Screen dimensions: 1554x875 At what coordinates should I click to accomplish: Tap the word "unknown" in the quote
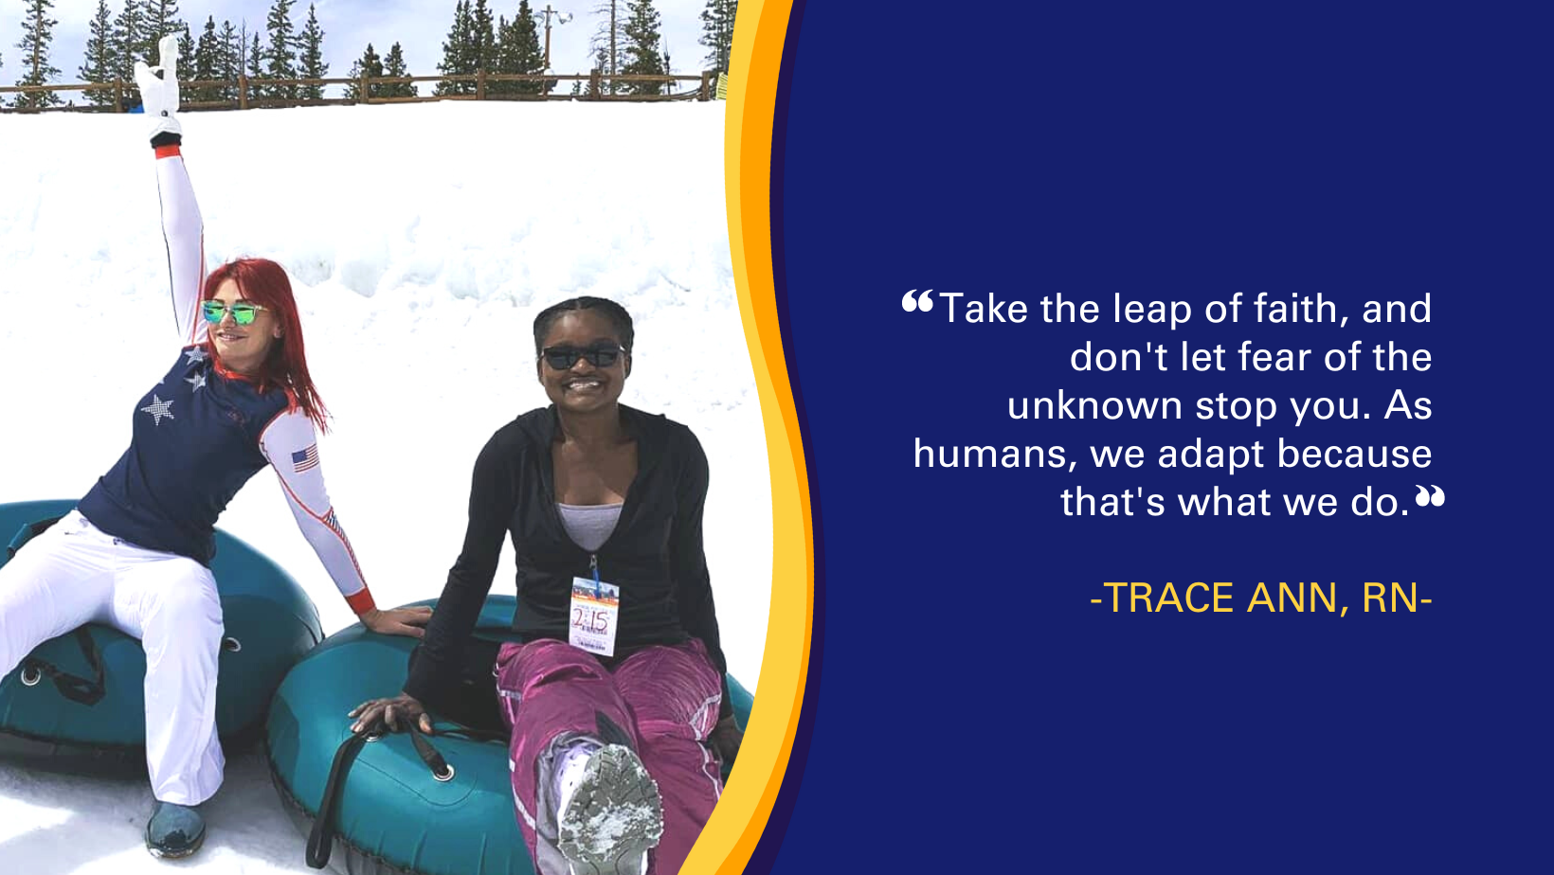pos(1094,405)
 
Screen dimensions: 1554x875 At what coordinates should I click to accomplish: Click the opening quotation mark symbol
pos(917,301)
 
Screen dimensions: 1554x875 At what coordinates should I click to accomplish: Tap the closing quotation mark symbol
pos(1430,496)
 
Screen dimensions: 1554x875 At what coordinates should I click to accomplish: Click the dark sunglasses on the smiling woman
pos(583,356)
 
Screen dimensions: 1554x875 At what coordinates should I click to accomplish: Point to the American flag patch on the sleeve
pos(305,459)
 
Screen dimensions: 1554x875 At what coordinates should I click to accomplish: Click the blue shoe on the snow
pos(175,829)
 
